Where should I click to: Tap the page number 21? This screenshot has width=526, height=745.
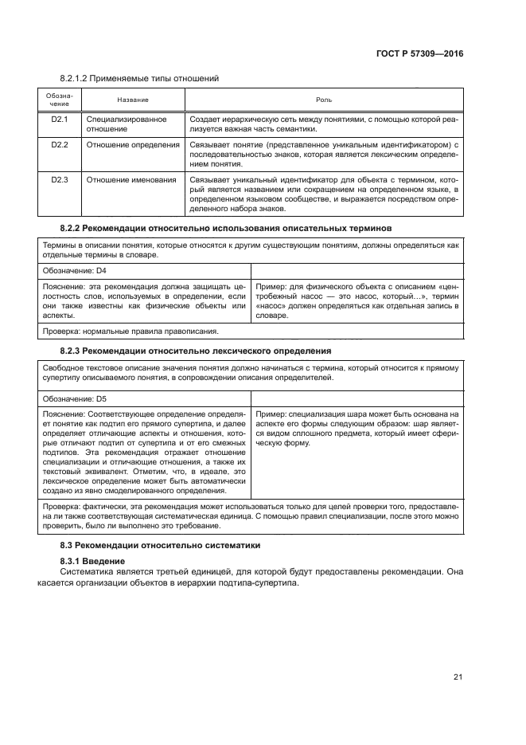coord(458,678)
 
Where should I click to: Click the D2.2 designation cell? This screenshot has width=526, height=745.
coord(60,145)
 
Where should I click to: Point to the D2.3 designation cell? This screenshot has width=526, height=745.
coord(60,180)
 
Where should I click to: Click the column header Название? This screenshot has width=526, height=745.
coord(132,100)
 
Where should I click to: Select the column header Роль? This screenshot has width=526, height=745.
coord(324,100)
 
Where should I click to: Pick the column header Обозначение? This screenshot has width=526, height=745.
coord(60,100)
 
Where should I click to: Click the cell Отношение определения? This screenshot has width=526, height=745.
coord(132,145)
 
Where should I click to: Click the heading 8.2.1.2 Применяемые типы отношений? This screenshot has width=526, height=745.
coord(139,78)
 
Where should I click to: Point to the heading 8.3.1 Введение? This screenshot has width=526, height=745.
coord(95,563)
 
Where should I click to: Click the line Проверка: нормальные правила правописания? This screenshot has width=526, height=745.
coord(131,330)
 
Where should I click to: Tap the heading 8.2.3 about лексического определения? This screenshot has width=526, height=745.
coord(196,351)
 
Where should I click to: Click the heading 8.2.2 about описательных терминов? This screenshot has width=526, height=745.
coord(226,228)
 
